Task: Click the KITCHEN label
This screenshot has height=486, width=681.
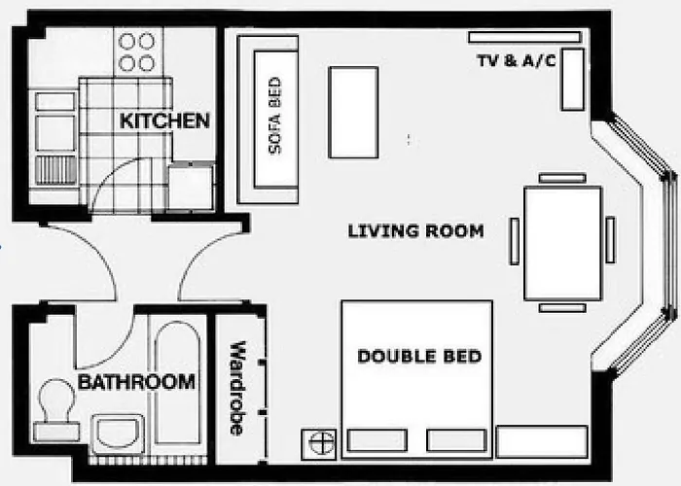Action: (x=164, y=121)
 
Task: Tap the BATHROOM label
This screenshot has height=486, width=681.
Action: (x=136, y=382)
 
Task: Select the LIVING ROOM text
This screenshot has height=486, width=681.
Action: (x=415, y=231)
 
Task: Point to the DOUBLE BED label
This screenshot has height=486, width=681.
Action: (x=419, y=357)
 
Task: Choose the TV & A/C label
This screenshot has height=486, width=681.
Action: (x=515, y=59)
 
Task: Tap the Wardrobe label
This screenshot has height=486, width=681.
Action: (x=236, y=387)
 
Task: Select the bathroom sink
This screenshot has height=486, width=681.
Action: (x=119, y=432)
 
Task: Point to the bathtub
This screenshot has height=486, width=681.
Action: (x=178, y=384)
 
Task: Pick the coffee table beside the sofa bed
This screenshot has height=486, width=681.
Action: (x=353, y=112)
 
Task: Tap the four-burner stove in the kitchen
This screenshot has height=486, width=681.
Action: (x=136, y=52)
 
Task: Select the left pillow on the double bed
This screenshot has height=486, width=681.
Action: (x=376, y=440)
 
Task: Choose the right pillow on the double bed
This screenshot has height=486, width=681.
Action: (x=455, y=440)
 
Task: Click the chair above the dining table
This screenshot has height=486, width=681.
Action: (x=562, y=178)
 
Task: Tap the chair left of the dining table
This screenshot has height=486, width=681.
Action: (x=514, y=241)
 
